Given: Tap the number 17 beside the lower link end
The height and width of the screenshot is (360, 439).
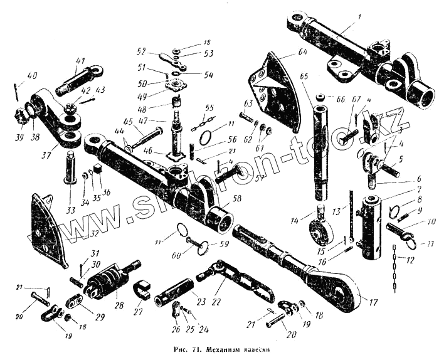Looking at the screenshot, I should point(374,302).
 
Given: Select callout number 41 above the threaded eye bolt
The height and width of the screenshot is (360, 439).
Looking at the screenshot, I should point(80,60).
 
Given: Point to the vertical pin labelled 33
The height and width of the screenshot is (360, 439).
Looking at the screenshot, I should point(70,167).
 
